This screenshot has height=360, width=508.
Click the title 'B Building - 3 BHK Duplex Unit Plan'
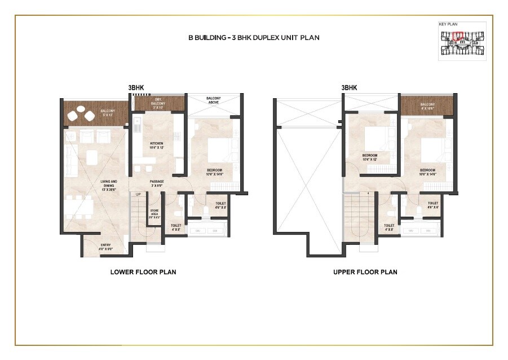click(254, 38)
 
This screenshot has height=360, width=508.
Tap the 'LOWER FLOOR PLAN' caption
click(143, 272)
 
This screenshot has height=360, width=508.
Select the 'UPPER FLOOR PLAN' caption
click(365, 272)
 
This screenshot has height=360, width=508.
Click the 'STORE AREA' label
click(154, 214)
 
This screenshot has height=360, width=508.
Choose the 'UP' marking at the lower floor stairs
click(138, 194)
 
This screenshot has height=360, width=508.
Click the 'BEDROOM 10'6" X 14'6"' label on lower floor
click(214, 172)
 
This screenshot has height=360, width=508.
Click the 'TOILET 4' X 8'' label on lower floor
click(176, 227)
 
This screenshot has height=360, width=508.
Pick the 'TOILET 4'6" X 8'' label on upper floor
click(432, 205)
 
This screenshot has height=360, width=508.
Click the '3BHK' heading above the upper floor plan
click(350, 88)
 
